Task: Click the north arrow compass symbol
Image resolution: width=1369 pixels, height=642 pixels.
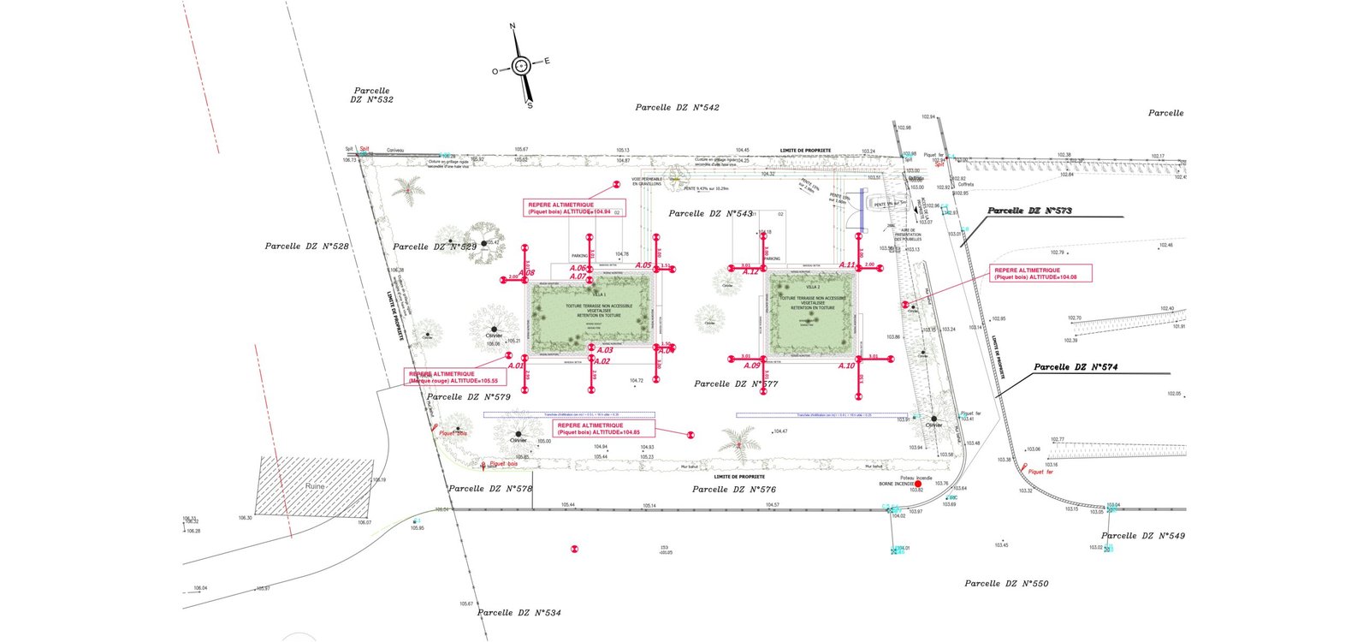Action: (x=521, y=66)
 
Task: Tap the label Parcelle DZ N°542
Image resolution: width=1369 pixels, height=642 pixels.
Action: (x=677, y=108)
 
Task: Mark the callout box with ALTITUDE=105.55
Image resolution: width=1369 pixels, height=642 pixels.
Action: (x=453, y=377)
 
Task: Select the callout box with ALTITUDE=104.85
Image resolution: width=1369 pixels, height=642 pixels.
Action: (x=603, y=429)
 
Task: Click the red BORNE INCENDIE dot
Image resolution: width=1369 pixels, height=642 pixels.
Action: (x=918, y=484)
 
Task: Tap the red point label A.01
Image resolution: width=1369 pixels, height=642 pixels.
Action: (x=515, y=366)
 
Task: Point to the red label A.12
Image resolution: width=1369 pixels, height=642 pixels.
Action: (x=750, y=272)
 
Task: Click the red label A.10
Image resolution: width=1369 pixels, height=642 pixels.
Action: (x=846, y=366)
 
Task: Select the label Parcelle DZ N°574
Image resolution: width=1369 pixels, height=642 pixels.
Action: (x=1076, y=367)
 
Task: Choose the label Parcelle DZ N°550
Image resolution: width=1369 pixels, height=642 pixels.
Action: (x=1005, y=584)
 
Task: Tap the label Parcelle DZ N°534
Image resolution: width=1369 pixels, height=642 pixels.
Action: (x=519, y=613)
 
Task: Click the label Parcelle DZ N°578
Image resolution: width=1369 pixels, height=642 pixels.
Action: (x=490, y=489)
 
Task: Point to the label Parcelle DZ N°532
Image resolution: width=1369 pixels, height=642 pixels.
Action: (x=371, y=95)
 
